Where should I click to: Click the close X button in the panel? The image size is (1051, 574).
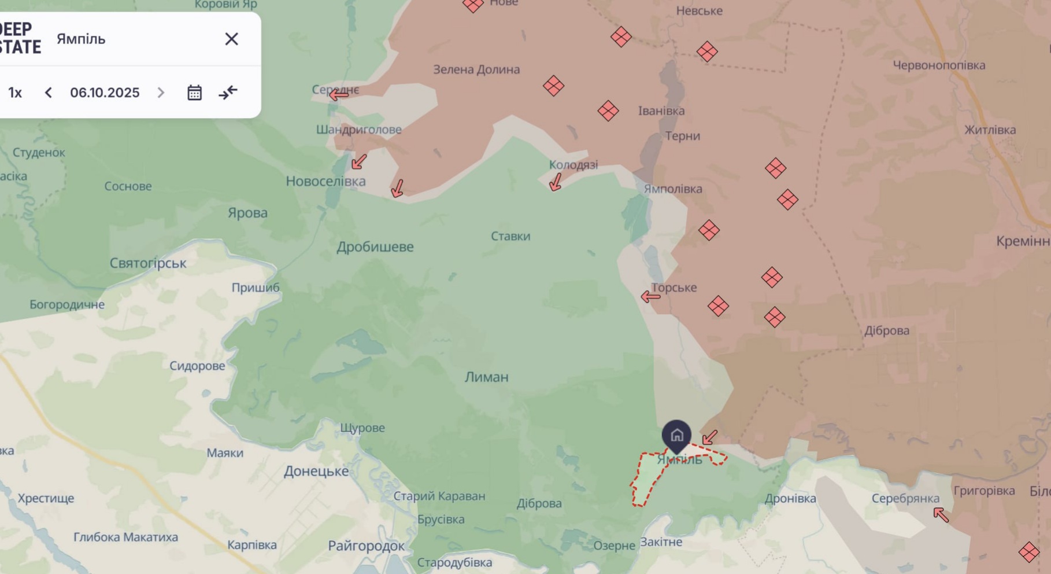pyautogui.click(x=231, y=39)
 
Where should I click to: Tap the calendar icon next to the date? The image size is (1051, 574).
pyautogui.click(x=194, y=93)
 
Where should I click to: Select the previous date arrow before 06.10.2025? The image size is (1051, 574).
pyautogui.click(x=49, y=93)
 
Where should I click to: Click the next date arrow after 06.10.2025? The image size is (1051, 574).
pyautogui.click(x=161, y=93)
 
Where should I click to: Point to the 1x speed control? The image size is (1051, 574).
pyautogui.click(x=15, y=93)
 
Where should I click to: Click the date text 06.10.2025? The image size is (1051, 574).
pyautogui.click(x=105, y=93)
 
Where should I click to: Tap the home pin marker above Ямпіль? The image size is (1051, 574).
pyautogui.click(x=676, y=435)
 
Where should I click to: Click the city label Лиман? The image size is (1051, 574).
pyautogui.click(x=486, y=377)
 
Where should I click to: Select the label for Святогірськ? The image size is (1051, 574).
pyautogui.click(x=148, y=263)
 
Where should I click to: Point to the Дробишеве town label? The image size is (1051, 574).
pyautogui.click(x=375, y=247)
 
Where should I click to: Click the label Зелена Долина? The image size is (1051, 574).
pyautogui.click(x=476, y=69)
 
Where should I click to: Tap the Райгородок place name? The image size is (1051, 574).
pyautogui.click(x=366, y=546)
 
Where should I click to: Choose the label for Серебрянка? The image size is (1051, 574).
pyautogui.click(x=905, y=498)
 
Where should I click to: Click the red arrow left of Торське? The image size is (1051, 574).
pyautogui.click(x=650, y=297)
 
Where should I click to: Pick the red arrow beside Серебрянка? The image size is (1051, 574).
pyautogui.click(x=941, y=514)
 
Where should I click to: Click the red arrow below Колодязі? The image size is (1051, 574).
pyautogui.click(x=556, y=182)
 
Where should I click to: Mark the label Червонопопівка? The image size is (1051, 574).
pyautogui.click(x=939, y=65)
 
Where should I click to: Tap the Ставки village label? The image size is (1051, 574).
pyautogui.click(x=510, y=236)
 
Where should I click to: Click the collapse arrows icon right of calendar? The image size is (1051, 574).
pyautogui.click(x=228, y=93)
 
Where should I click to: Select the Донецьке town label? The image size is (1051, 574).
pyautogui.click(x=316, y=472)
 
